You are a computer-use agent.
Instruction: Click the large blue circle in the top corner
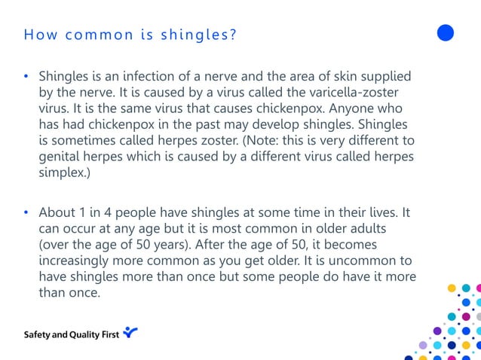point(446,32)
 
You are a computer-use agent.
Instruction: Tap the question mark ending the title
point(233,34)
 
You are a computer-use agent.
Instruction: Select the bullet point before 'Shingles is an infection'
point(26,77)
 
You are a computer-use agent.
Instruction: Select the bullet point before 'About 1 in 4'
point(26,213)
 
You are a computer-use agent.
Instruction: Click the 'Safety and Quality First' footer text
point(71,333)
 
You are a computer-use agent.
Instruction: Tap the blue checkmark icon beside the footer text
point(130,331)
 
